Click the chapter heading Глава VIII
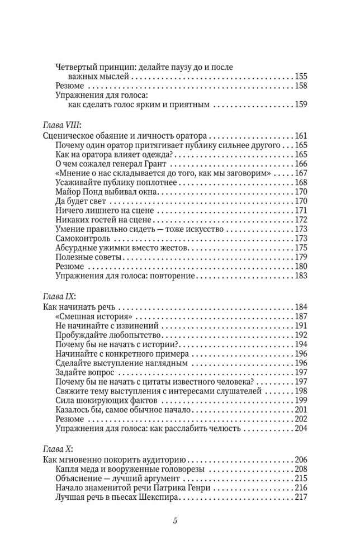click(62, 125)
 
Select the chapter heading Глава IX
click(59, 296)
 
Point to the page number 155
click(301, 77)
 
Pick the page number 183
click(301, 276)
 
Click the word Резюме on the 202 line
click(70, 419)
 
